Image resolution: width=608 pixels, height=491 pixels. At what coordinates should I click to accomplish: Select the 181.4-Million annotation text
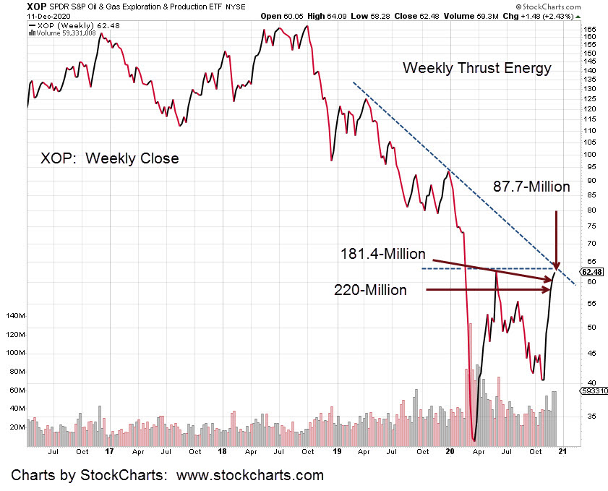point(382,254)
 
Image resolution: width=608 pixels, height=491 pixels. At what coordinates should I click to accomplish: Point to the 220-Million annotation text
point(370,290)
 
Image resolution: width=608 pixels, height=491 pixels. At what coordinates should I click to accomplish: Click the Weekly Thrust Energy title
point(477,68)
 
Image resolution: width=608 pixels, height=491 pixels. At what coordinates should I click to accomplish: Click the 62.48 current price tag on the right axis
point(592,272)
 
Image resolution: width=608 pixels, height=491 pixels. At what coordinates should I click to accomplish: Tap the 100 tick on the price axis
point(589,154)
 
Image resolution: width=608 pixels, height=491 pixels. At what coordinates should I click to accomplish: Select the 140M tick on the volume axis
point(15,317)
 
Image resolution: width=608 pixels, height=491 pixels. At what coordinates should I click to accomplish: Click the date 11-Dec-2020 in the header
point(25,16)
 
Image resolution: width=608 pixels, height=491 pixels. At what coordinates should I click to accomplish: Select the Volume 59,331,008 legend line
point(59,33)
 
